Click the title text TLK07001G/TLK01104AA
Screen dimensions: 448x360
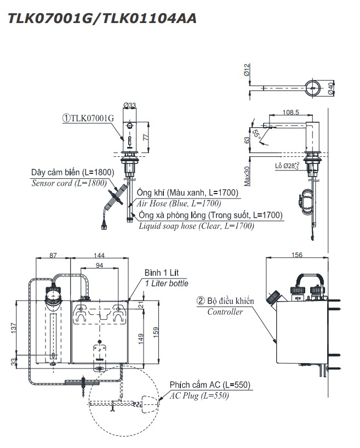point(100,18)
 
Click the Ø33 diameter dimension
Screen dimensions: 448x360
point(130,105)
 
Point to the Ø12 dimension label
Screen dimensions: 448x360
point(247,70)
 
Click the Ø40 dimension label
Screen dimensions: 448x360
point(332,88)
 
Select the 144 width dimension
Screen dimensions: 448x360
point(100,256)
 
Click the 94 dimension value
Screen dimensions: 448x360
point(100,266)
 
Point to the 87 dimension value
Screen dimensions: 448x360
point(53,256)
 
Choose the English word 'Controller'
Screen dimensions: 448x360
point(225,312)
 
